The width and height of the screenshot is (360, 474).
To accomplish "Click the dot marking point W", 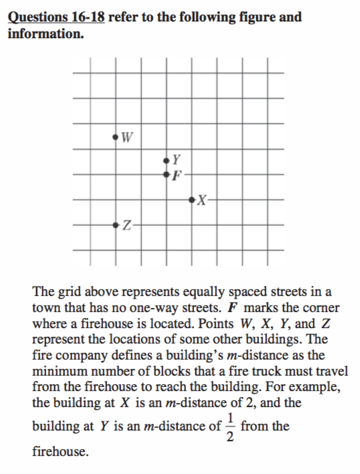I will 116,137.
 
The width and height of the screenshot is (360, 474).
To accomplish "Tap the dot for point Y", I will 167,160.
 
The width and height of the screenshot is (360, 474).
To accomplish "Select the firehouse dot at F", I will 167,174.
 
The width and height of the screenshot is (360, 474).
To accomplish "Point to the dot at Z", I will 116,224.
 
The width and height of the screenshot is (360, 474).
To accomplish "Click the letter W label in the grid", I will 127,138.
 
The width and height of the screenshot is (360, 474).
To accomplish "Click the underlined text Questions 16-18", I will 56,17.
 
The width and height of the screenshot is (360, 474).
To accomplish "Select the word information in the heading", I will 44,32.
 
